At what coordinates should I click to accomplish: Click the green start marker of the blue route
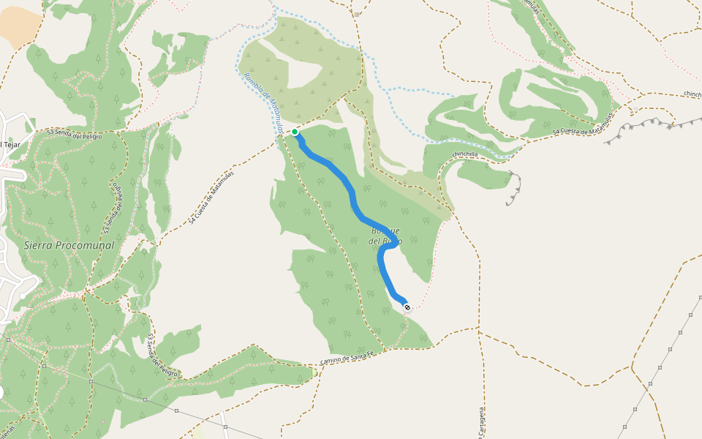(x=295, y=132)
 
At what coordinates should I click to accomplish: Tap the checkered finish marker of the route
(x=407, y=307)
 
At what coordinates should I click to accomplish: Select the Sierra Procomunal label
(x=69, y=245)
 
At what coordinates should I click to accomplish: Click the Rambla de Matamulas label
(x=263, y=103)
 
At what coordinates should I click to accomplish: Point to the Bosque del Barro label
(x=385, y=236)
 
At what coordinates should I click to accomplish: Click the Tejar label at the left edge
(x=10, y=144)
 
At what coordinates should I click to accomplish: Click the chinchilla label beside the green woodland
(x=465, y=154)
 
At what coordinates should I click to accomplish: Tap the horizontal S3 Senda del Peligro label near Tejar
(x=75, y=134)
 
